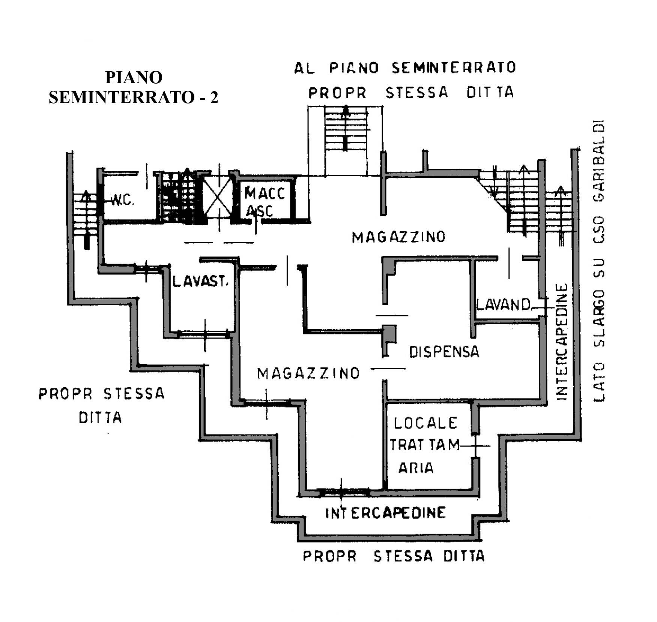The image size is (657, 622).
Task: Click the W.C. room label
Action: pyautogui.click(x=122, y=201)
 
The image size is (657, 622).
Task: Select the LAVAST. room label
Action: pyautogui.click(x=200, y=281)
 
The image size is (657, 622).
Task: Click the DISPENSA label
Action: pyautogui.click(x=444, y=352)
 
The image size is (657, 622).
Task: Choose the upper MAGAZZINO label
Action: pyautogui.click(x=399, y=237)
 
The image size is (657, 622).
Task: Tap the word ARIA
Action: pyautogui.click(x=416, y=468)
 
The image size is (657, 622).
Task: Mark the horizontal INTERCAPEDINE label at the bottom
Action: pyautogui.click(x=385, y=513)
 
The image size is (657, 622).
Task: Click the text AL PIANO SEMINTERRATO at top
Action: pyautogui.click(x=405, y=68)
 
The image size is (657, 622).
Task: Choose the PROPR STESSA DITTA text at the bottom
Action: pyautogui.click(x=394, y=556)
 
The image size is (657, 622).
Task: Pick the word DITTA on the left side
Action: pyautogui.click(x=100, y=417)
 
